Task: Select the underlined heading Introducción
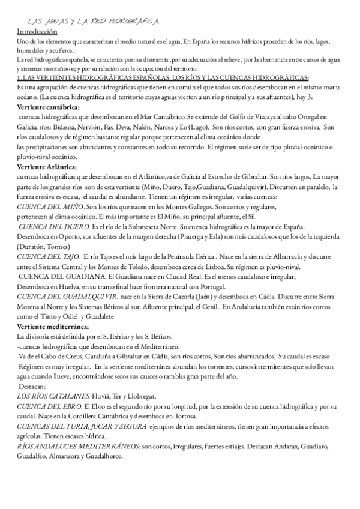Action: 37,31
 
